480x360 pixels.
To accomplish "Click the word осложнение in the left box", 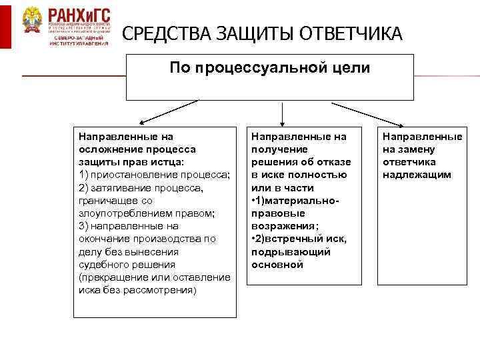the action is pos(109,149).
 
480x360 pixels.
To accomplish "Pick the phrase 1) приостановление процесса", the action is pos(154,174).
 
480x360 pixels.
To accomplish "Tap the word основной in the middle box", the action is pos(277,264).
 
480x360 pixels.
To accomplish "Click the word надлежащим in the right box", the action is pos(417,174).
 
